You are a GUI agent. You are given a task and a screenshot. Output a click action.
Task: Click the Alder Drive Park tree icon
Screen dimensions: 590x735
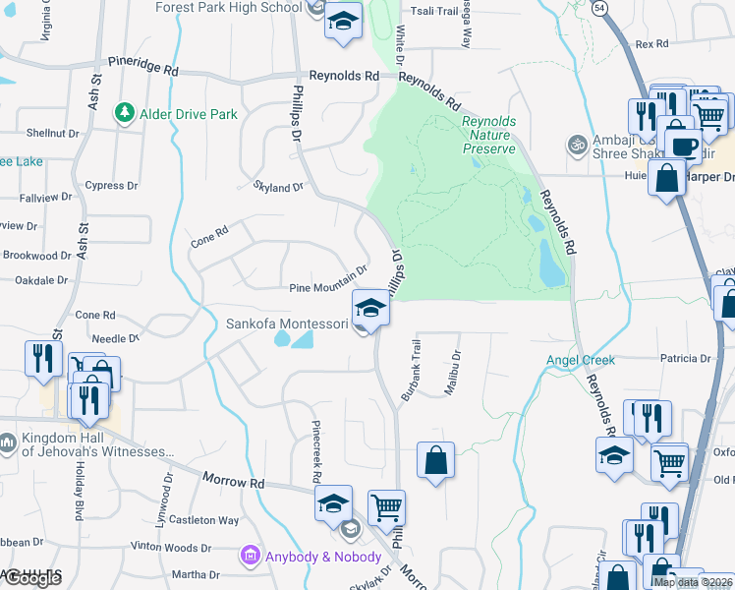(125, 114)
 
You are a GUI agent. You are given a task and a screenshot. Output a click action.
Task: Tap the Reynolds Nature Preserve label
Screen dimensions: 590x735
(488, 135)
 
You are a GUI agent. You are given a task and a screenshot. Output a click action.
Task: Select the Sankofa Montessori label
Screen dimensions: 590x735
(287, 324)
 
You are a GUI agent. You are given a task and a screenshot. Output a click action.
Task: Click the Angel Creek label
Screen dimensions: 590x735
(581, 360)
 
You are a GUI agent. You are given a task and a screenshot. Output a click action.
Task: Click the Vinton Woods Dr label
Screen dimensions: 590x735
(170, 547)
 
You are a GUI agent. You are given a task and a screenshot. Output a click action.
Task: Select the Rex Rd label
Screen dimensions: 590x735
(651, 44)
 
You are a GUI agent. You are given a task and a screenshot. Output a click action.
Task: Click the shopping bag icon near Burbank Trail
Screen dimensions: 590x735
(435, 459)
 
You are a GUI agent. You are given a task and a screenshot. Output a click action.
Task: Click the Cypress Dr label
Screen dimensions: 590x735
(111, 185)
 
